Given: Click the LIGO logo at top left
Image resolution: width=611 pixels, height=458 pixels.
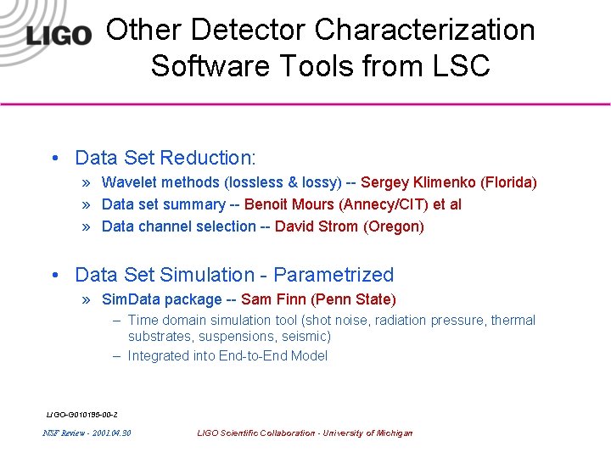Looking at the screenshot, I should point(58,36).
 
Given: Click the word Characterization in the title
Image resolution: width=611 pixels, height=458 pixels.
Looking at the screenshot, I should point(424,30).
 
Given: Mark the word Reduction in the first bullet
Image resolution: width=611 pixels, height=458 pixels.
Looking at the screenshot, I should point(207,158).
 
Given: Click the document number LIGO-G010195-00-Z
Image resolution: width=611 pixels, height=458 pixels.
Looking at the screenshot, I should point(81,414).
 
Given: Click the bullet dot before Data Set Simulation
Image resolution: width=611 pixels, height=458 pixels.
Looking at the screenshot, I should point(54,275).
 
